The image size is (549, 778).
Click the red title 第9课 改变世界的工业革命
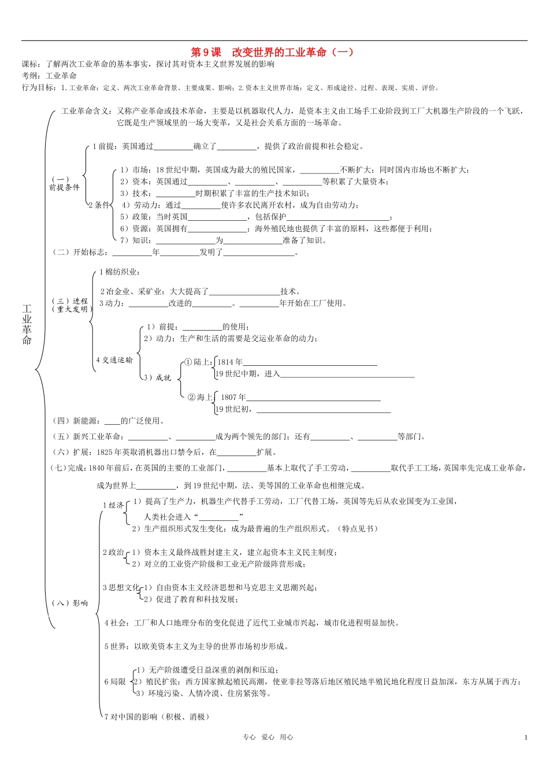pyautogui.click(x=272, y=52)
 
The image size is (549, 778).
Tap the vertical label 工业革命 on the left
pyautogui.click(x=27, y=325)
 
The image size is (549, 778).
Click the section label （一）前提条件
pyautogui.click(x=64, y=184)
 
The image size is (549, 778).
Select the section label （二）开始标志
pyautogui.click(x=79, y=252)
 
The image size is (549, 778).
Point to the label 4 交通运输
pyautogui.click(x=114, y=360)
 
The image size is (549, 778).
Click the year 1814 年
pyautogui.click(x=230, y=362)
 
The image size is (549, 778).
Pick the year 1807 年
pyautogui.click(x=233, y=398)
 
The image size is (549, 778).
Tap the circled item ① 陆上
pyautogui.click(x=198, y=362)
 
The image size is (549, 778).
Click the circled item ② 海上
pyautogui.click(x=200, y=397)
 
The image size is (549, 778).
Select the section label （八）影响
pyautogui.click(x=70, y=603)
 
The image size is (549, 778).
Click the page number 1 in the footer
pyautogui.click(x=526, y=737)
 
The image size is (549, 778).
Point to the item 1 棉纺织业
pyautogui.click(x=119, y=272)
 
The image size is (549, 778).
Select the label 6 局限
pyautogui.click(x=115, y=681)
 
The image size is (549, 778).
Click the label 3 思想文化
pyautogui.click(x=121, y=587)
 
